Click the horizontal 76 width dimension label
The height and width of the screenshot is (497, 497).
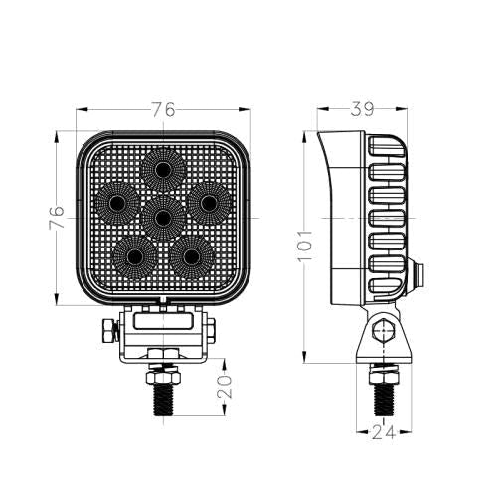(163, 109)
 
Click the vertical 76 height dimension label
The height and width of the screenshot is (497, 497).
(56, 218)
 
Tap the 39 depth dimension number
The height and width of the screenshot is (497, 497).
(362, 109)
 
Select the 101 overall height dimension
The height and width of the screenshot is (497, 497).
(305, 246)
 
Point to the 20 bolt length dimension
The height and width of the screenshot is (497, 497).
(225, 387)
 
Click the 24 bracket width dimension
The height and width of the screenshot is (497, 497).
(385, 432)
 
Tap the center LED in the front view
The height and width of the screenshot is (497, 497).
(163, 218)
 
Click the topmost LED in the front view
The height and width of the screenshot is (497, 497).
(162, 170)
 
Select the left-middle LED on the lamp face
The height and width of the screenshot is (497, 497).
(117, 202)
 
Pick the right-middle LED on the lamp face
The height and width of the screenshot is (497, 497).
(209, 203)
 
